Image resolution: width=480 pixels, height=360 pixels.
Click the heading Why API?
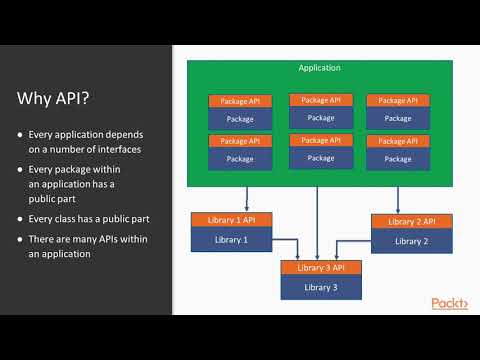click(x=62, y=98)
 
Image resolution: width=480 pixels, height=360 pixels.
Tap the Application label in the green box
click(x=319, y=68)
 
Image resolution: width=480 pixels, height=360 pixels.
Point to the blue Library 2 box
click(x=410, y=240)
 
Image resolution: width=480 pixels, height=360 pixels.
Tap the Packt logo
click(x=449, y=303)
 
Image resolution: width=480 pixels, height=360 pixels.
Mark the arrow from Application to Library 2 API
click(x=398, y=199)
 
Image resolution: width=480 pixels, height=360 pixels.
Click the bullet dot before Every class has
click(x=21, y=217)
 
